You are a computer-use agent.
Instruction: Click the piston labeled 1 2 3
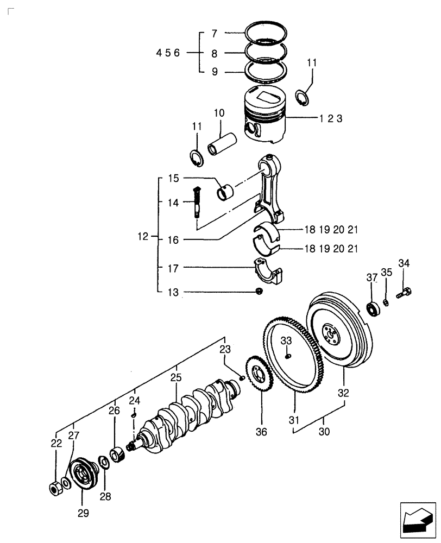point(264,116)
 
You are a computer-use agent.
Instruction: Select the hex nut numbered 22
point(55,487)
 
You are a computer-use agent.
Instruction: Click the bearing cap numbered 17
point(269,271)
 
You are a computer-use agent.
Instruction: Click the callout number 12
point(143,237)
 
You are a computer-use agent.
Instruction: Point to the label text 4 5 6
point(171,53)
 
